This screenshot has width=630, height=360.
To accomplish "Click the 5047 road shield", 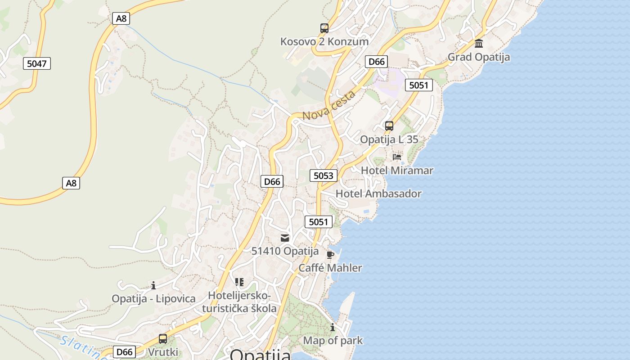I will pos(37,63).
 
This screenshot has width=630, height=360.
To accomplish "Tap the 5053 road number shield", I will pos(323,175).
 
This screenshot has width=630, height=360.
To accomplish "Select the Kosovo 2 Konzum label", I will pos(324,41).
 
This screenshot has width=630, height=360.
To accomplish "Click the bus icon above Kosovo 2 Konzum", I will pos(324,28).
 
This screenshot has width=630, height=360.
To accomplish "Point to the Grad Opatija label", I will pos(479,57).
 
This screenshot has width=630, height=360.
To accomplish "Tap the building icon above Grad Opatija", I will pos(479,44).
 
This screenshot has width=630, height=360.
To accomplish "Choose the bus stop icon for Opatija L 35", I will pos(389,126).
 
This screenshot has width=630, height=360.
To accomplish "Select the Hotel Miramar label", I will pos(397,171).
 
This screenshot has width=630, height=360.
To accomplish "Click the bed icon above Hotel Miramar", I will pos(397,157).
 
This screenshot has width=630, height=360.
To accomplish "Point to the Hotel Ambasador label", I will pos(378,194).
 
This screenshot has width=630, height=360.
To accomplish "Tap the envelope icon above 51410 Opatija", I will pos(285,238).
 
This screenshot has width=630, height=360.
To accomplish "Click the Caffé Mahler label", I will pos(330,268).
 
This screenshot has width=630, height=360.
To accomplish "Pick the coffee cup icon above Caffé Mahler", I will pos(330,255).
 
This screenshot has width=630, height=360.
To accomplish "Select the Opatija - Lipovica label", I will pos(153,299).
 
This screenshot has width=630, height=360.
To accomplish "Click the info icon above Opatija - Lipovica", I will pos(153,285).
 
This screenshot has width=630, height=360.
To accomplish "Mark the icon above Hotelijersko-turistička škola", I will pos(239,282).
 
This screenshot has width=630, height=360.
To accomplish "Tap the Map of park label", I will pos(333,341).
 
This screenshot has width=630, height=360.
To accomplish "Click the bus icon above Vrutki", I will pos(163,339).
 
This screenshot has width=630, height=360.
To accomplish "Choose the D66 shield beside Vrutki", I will pos(124,352).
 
